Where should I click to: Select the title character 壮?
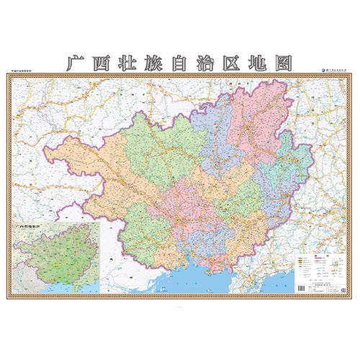coord(127,62)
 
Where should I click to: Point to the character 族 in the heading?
coord(154,62)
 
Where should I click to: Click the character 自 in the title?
coord(181,62)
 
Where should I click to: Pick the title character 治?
coord(207,62)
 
